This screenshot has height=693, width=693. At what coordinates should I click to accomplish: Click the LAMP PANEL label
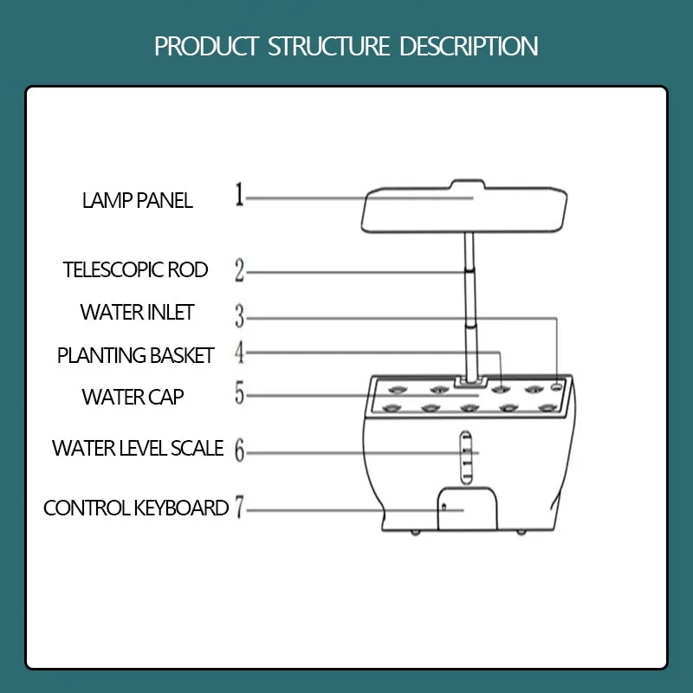tap(137, 201)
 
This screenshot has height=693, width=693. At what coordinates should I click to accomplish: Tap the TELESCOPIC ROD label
tap(136, 269)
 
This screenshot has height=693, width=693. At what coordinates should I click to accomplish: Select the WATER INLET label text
tap(137, 312)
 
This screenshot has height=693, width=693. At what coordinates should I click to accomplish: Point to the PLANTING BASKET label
tap(135, 355)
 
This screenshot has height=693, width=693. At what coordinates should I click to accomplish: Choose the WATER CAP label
tap(133, 397)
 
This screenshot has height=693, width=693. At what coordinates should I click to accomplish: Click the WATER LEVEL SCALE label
tap(138, 449)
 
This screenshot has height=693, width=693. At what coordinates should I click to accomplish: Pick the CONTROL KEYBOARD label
tap(136, 508)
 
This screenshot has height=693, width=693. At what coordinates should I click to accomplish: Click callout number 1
tap(239, 195)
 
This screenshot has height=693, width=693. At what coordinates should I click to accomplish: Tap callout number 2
tap(240, 270)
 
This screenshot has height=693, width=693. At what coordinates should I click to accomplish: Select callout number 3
tap(240, 316)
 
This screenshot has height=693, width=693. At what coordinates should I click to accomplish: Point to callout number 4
tap(240, 353)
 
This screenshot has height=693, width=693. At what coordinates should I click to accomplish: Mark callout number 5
tap(240, 395)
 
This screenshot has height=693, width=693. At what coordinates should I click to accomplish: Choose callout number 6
tap(240, 451)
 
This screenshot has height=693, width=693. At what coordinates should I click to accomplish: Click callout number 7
tap(240, 508)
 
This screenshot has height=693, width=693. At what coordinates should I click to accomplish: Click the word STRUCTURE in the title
tap(328, 46)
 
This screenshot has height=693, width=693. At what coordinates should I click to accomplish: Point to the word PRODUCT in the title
tap(207, 46)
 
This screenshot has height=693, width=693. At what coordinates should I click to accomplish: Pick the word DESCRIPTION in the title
tap(469, 46)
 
